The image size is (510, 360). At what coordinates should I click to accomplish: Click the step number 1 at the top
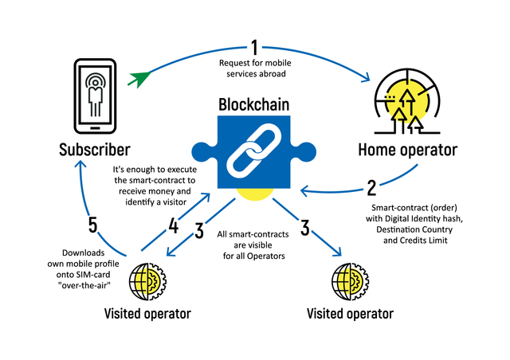coord(255,48)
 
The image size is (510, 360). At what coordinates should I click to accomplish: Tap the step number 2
coord(371,188)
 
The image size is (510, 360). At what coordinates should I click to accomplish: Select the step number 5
coord(92,225)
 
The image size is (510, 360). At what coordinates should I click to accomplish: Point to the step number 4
coord(173,225)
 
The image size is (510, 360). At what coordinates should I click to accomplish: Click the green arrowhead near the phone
coord(139,79)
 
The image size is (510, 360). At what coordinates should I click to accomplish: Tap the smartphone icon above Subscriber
coord(95,96)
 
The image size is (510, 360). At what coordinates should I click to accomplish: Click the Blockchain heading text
coord(253,104)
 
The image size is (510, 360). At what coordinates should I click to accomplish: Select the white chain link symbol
coord(253,152)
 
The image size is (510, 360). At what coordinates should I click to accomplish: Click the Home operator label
coord(407,150)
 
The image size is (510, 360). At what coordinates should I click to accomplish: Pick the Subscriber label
coord(95,150)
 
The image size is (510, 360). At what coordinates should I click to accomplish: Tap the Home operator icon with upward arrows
coord(407,101)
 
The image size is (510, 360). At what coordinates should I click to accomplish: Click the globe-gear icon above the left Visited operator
coord(147,282)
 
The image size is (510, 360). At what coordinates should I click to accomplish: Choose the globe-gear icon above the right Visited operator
coord(351,282)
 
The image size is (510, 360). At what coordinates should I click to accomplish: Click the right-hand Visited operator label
coord(350,314)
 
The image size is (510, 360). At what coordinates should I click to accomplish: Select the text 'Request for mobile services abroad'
coord(255,68)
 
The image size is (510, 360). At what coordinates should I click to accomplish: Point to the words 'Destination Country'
coord(414,229)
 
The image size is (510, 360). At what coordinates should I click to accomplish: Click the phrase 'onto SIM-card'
coord(83,275)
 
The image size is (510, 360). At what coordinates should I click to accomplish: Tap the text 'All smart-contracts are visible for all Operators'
coord(253,245)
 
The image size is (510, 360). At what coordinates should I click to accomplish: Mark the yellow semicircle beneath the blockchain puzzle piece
coord(255,194)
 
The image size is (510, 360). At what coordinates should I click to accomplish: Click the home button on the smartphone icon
coord(95,127)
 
